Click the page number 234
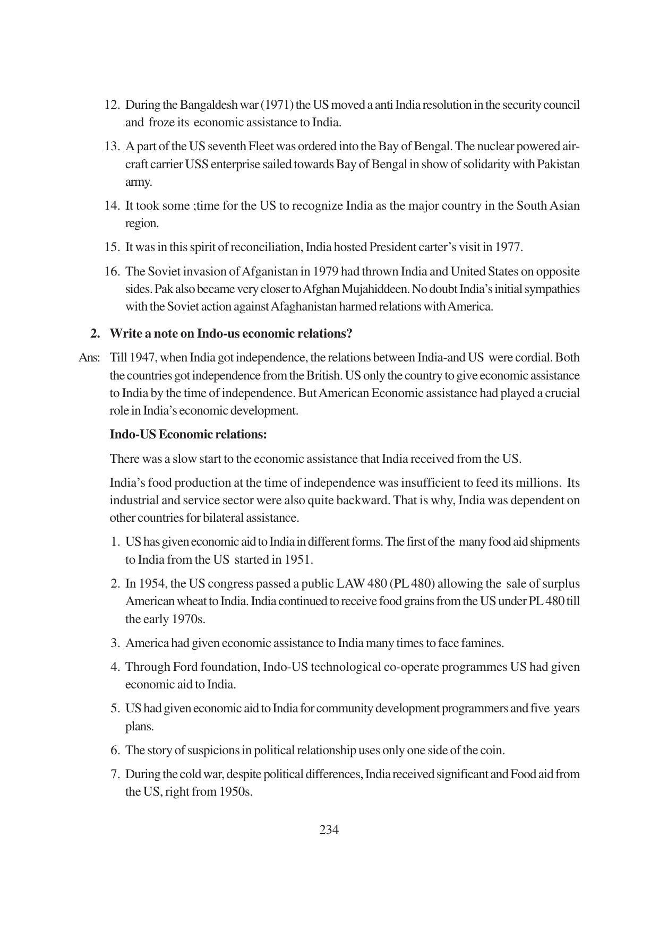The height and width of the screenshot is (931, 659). (x=329, y=830)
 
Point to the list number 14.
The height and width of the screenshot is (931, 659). (x=112, y=205)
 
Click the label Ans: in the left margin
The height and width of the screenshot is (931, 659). (x=89, y=358)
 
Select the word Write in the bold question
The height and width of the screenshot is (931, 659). (x=124, y=333)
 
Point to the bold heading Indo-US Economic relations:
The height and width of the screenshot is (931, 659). (x=188, y=434)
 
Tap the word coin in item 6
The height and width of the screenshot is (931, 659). (x=493, y=750)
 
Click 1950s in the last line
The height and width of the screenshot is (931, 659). (x=235, y=791)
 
